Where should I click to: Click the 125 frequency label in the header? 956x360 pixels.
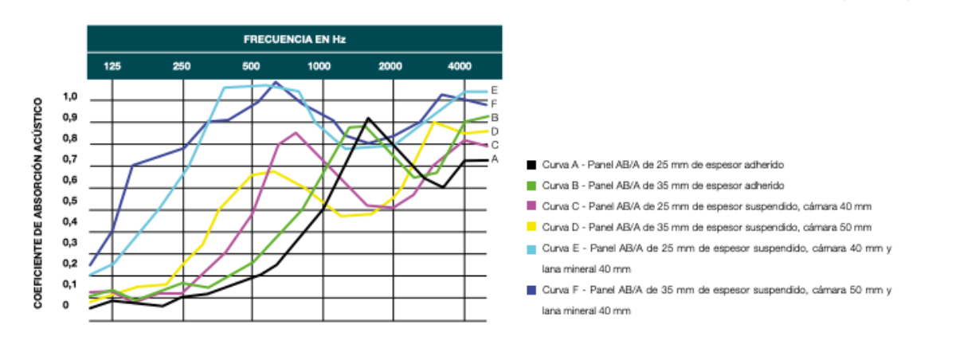coord(112,65)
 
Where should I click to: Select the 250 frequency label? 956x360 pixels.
coord(182,65)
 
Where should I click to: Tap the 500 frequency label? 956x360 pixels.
coord(251,65)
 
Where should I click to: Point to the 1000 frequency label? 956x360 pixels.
coord(320,65)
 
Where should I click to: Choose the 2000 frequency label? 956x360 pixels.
coord(390,65)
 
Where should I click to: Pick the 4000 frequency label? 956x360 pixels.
coord(460,65)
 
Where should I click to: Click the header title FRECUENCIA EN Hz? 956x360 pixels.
coord(295,38)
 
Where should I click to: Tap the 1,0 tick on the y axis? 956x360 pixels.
coord(71,98)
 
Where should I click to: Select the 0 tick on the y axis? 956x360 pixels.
coord(66,305)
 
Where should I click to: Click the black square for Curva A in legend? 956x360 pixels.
coord(531,165)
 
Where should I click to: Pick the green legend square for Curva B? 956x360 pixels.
coord(531,186)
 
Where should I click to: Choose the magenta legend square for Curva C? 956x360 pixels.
coord(531,206)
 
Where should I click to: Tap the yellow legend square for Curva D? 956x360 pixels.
coord(531,227)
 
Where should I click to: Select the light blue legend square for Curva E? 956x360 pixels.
coord(531,248)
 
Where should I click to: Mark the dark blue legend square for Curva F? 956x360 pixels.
coord(531,290)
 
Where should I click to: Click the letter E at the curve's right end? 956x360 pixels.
coord(495,91)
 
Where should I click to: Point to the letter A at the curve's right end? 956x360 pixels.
coord(495,159)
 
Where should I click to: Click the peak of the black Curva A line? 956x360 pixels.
coord(367,118)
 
